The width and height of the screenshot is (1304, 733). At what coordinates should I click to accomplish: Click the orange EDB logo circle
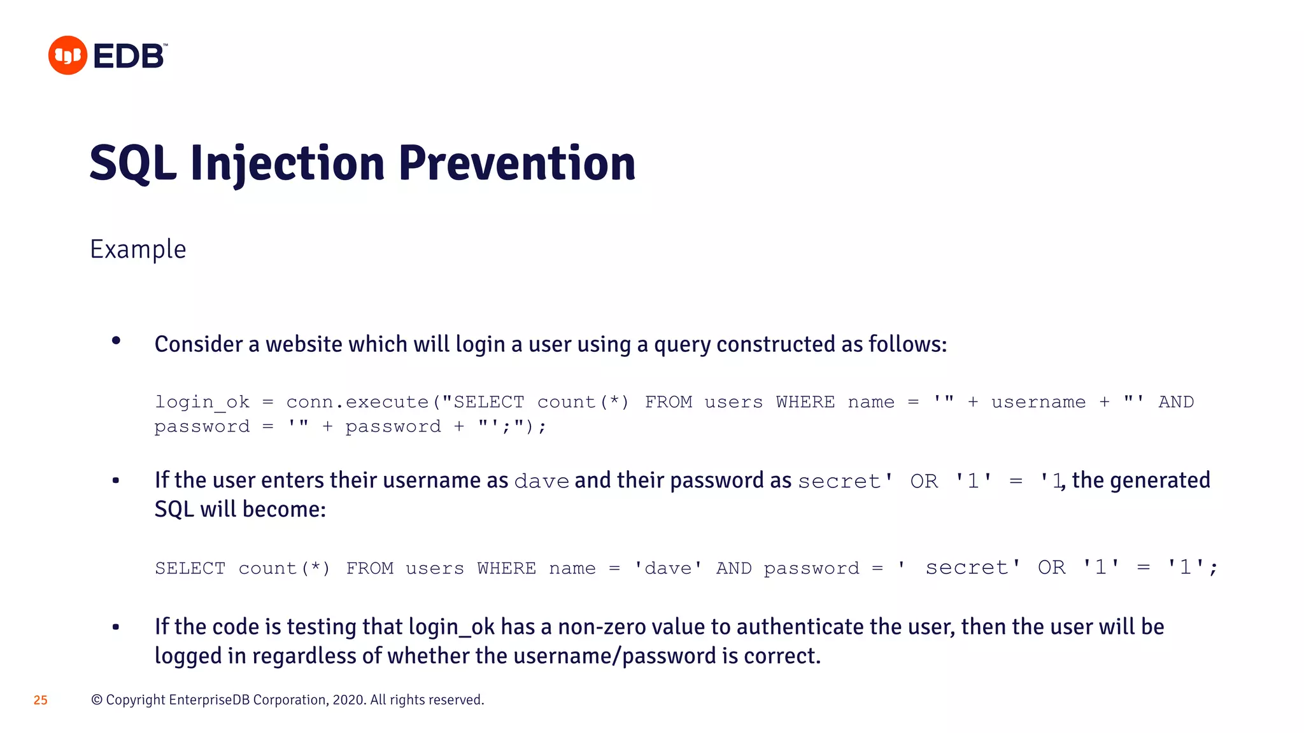click(67, 55)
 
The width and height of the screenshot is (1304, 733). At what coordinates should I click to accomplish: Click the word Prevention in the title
click(516, 164)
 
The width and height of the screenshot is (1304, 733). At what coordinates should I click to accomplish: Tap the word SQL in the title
click(132, 164)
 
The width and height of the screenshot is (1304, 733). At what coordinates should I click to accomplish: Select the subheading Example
click(138, 249)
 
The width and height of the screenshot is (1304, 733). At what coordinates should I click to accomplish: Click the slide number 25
click(41, 700)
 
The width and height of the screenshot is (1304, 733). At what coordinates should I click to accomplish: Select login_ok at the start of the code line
click(202, 402)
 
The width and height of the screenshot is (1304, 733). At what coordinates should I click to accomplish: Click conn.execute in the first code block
click(357, 402)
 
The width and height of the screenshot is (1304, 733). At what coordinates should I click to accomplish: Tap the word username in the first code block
click(1038, 402)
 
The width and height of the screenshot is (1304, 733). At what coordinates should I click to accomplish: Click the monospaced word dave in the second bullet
click(541, 482)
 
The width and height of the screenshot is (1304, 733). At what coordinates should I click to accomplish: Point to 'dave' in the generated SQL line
click(667, 568)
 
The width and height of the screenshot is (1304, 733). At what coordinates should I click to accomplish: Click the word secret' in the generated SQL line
click(972, 568)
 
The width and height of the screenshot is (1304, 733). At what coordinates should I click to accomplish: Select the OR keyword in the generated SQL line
click(1051, 568)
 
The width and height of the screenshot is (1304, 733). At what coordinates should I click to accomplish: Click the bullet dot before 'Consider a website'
click(116, 341)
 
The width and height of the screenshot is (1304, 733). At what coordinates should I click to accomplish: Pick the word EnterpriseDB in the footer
click(209, 700)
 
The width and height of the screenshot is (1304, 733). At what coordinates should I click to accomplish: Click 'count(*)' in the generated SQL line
click(284, 568)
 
